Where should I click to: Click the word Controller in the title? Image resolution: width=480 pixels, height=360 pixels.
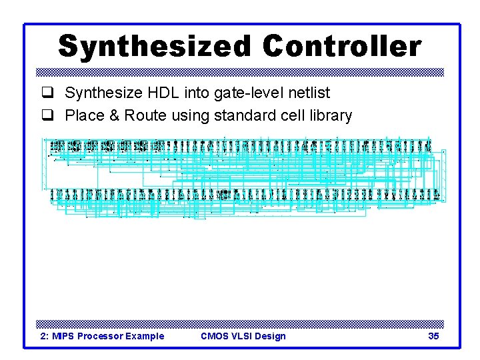click(342, 47)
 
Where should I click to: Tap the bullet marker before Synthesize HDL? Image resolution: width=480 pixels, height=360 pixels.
click(47, 93)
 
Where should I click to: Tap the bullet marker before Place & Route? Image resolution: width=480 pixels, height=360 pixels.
click(47, 116)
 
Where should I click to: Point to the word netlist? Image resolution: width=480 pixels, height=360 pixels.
click(306, 93)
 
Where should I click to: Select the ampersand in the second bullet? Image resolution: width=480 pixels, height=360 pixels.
click(113, 115)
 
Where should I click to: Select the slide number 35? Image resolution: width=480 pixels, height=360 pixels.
click(433, 336)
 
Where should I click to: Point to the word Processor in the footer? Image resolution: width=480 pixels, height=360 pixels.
click(100, 336)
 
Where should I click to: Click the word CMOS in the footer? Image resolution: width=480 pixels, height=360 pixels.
click(214, 336)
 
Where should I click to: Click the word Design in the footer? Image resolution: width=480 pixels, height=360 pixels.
click(271, 336)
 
